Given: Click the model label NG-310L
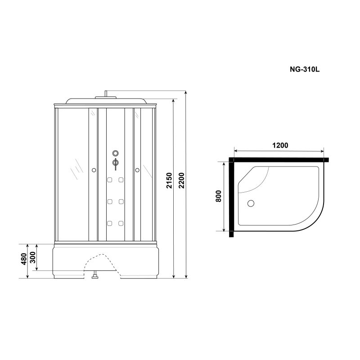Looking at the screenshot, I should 304,70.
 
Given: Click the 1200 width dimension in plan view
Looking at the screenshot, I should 279,145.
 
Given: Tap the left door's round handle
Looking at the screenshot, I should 94,170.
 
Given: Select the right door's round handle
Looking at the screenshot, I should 137,170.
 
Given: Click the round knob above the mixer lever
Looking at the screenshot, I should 115,153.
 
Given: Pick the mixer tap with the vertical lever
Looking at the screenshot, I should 115,164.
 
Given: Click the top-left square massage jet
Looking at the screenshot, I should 109,181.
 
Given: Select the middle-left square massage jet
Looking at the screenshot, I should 109,202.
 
